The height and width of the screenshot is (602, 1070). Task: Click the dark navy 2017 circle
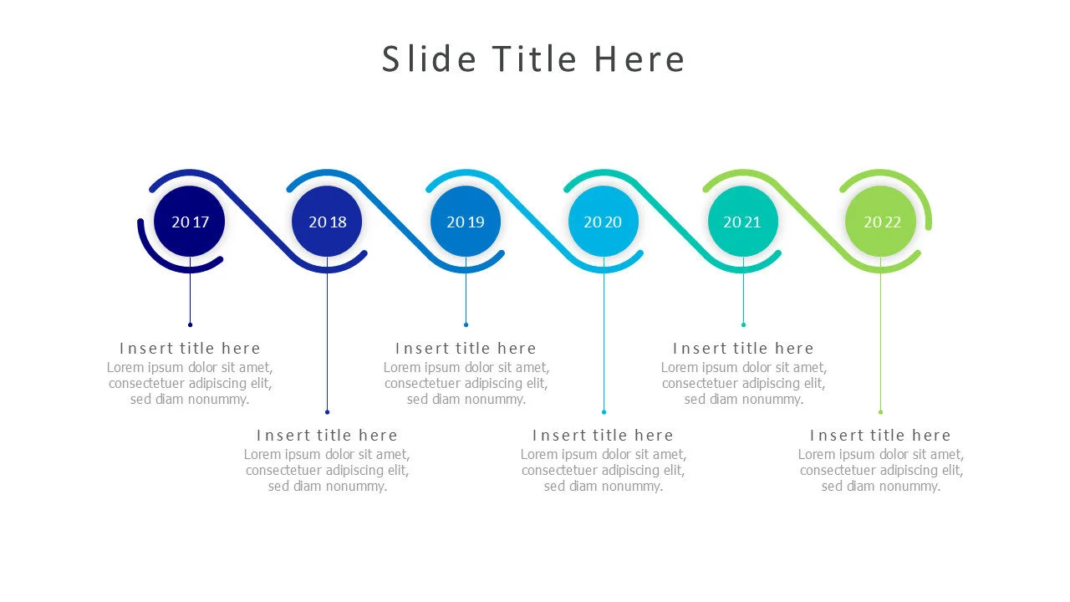point(190,222)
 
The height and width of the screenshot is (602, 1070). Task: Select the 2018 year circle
point(327,222)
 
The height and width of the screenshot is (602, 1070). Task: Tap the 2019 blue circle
point(466,222)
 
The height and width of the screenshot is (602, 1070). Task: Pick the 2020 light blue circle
point(603,222)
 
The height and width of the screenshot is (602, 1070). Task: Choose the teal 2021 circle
point(742,222)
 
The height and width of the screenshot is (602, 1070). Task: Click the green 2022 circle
point(880,222)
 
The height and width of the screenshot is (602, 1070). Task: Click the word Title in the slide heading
point(533,59)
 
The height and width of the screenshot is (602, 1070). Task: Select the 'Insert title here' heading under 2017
point(190,349)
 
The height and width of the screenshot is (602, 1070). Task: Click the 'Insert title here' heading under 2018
point(327,436)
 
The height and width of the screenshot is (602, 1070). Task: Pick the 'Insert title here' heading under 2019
point(466,349)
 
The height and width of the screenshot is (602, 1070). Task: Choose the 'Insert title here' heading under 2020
point(603,436)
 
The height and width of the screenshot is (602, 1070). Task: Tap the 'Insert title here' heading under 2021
point(742,349)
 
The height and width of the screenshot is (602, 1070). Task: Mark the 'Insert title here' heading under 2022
point(880,436)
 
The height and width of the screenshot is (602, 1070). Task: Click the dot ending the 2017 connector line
point(190,324)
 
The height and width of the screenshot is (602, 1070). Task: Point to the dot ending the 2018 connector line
point(327,411)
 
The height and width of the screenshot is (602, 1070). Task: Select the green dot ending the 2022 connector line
point(880,411)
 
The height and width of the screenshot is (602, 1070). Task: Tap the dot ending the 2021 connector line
point(743,324)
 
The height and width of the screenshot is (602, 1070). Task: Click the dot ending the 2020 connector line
point(604,411)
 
